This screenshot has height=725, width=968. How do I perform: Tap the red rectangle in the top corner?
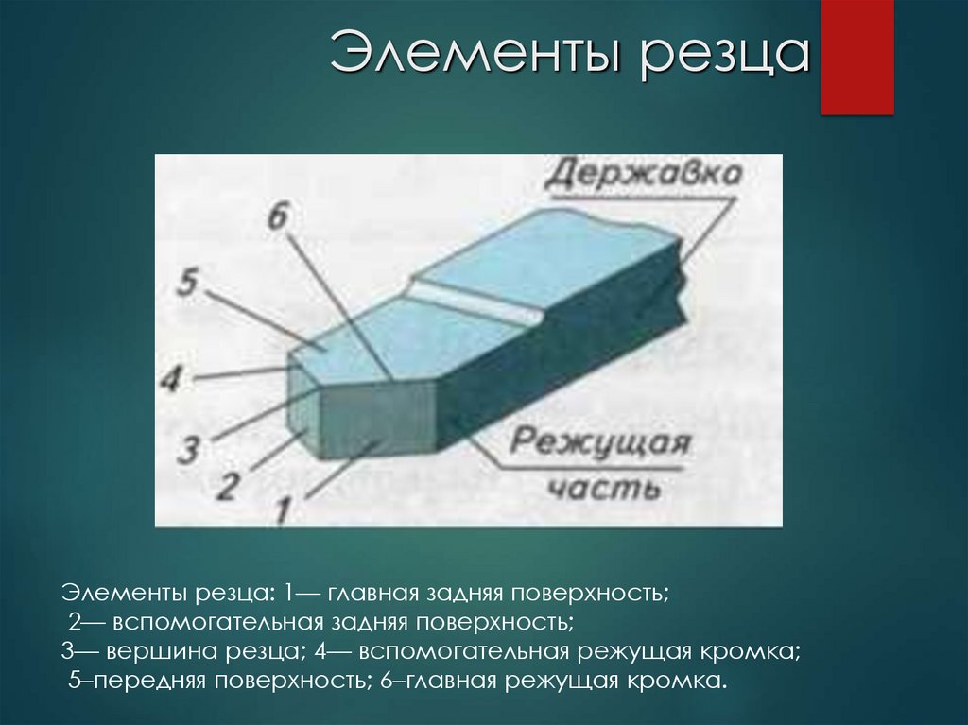point(856,57)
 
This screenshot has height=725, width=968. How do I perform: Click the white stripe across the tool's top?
point(477,300)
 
